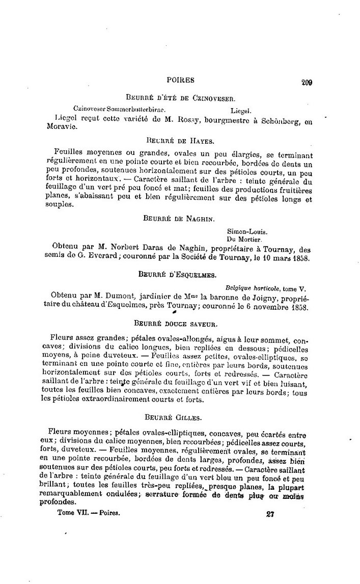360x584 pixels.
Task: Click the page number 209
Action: pyautogui.click(x=306, y=82)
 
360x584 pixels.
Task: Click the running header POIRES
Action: pyautogui.click(x=180, y=80)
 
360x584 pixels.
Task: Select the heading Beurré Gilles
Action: pyautogui.click(x=180, y=417)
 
